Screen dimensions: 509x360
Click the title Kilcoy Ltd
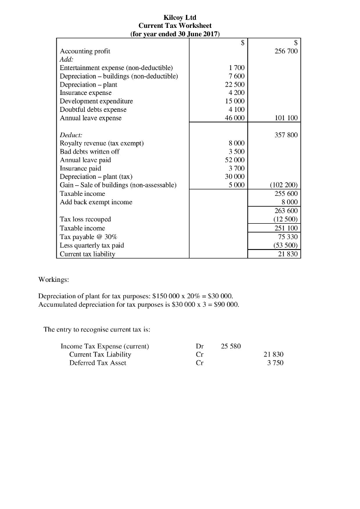click(180, 17)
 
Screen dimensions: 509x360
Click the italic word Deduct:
click(71, 135)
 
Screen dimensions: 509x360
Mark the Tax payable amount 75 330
click(287, 236)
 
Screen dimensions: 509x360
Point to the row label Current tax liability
click(88, 254)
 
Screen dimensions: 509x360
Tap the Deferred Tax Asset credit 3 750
click(275, 363)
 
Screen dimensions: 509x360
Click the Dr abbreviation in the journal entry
click(200, 346)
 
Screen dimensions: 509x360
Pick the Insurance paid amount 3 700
click(236, 169)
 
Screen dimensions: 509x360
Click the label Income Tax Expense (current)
click(105, 346)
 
